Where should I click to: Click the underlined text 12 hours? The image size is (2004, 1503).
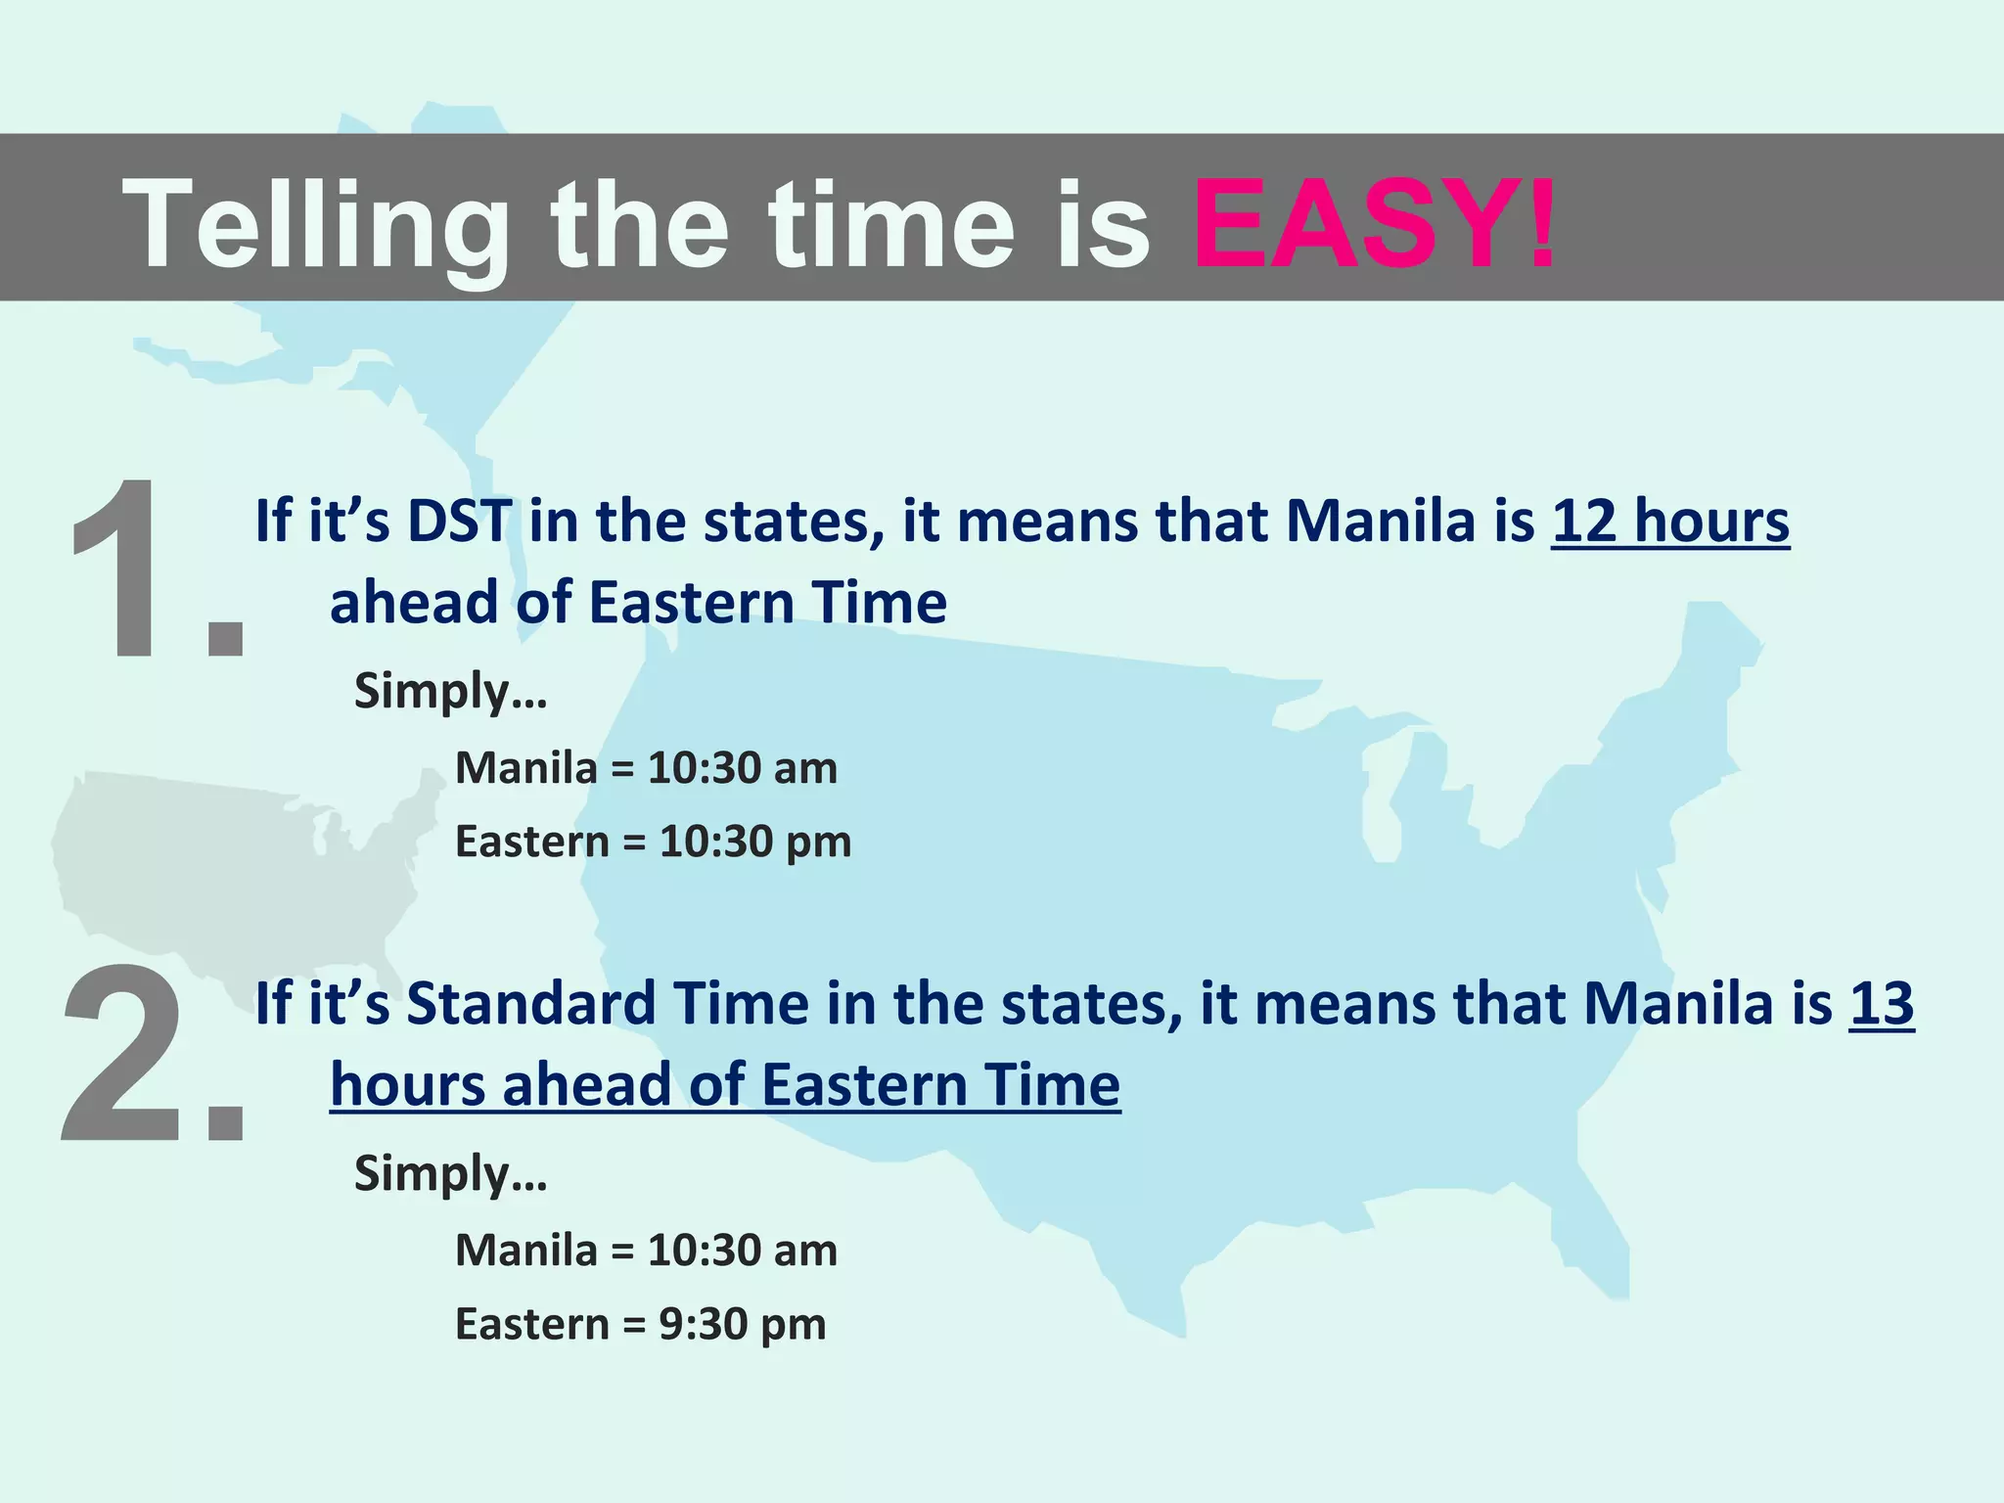click(x=1669, y=521)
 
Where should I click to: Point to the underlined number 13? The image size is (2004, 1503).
click(x=1881, y=1004)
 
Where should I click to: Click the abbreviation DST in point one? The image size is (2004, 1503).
click(x=458, y=521)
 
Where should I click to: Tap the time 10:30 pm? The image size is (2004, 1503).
click(x=754, y=842)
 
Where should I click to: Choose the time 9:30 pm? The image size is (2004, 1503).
click(x=742, y=1325)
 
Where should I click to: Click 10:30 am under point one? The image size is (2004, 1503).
click(x=742, y=768)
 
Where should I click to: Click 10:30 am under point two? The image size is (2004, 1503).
click(x=742, y=1251)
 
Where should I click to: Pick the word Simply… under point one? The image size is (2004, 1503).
click(x=450, y=692)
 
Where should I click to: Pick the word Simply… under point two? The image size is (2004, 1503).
click(x=450, y=1174)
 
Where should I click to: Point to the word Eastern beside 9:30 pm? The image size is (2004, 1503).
click(x=532, y=1325)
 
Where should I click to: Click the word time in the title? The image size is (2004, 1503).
click(x=890, y=225)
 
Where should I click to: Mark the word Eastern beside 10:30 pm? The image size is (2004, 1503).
click(x=532, y=842)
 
